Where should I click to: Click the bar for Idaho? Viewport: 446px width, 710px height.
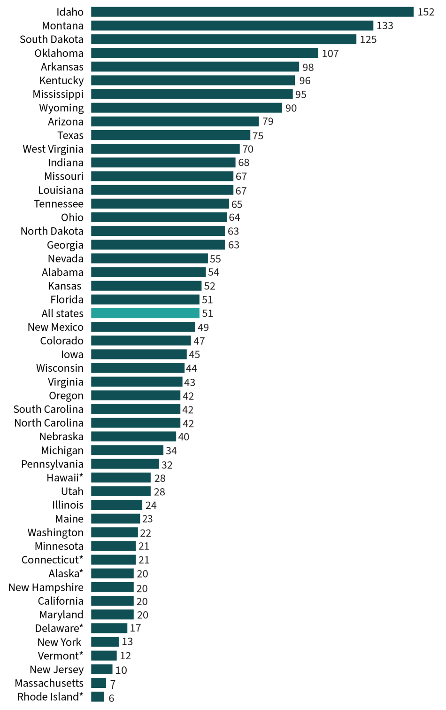(x=252, y=12)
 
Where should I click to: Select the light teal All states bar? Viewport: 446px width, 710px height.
(x=145, y=313)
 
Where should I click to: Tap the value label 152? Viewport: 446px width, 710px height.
(x=426, y=12)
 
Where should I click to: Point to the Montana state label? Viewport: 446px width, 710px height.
(x=62, y=26)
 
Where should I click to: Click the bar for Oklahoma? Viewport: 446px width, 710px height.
(x=204, y=53)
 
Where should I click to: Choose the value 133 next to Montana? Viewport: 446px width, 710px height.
(x=384, y=26)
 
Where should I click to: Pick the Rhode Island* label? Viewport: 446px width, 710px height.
(x=50, y=696)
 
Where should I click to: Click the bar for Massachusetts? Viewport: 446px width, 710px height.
(x=99, y=683)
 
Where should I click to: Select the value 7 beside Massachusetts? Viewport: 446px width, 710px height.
(x=113, y=684)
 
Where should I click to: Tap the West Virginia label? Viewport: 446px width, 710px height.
(x=53, y=149)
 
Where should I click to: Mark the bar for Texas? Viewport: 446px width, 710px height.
(x=170, y=135)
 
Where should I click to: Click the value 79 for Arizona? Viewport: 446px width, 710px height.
(x=268, y=122)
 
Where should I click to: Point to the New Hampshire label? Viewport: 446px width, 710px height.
(x=46, y=587)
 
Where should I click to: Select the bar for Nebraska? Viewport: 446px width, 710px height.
(x=133, y=437)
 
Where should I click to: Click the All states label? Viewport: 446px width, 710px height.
(x=62, y=313)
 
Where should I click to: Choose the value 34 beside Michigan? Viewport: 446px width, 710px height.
(x=171, y=451)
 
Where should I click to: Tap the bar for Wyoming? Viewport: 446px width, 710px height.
(x=186, y=108)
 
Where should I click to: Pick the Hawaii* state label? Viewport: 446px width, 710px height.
(x=65, y=478)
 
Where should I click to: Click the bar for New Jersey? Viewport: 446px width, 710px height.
(x=102, y=669)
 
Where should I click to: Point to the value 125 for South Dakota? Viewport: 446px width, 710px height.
(x=368, y=39)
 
